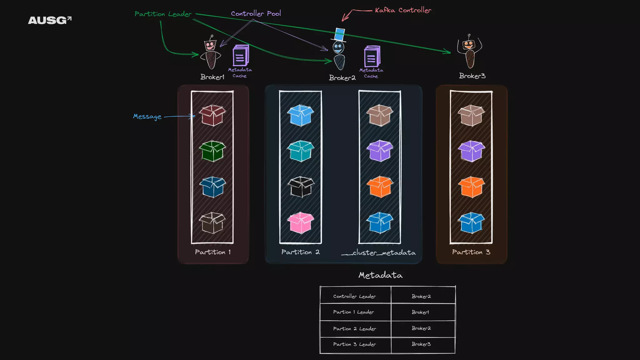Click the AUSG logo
[x=50, y=20]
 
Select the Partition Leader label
[x=163, y=14]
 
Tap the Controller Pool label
[x=256, y=13]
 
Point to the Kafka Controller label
[x=403, y=10]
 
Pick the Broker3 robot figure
[x=469, y=52]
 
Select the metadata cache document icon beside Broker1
[x=240, y=56]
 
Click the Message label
[x=147, y=117]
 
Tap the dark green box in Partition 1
[x=212, y=151]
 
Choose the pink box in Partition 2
[x=300, y=222]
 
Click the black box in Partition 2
[x=300, y=187]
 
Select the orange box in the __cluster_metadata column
[x=380, y=187]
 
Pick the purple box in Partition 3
[x=471, y=151]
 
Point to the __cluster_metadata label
[x=378, y=252]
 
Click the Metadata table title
[x=380, y=275]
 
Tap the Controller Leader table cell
[x=355, y=296]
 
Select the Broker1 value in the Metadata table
[x=420, y=312]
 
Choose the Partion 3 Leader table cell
[x=355, y=344]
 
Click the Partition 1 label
[x=213, y=252]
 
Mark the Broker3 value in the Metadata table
[x=421, y=344]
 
